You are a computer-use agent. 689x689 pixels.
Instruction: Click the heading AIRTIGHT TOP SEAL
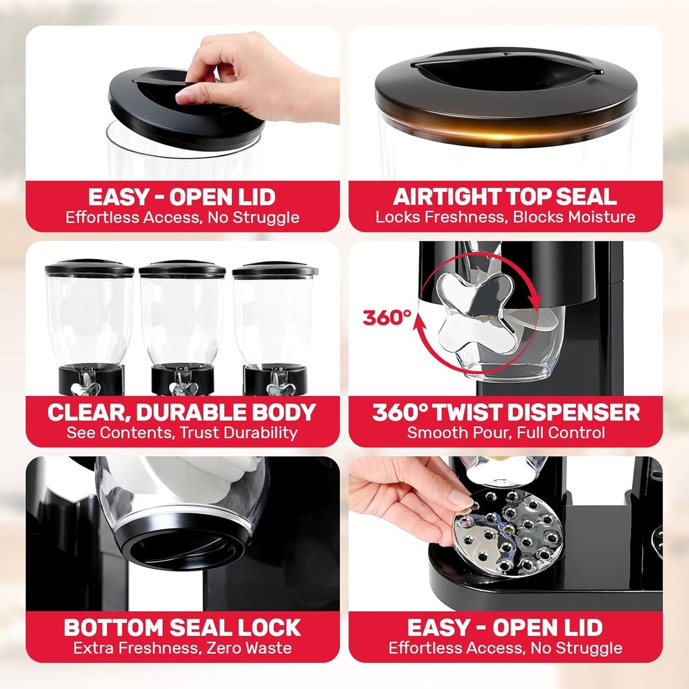[505, 196]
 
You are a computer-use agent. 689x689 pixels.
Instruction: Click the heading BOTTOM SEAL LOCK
[182, 627]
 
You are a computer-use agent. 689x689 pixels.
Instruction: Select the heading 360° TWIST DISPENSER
[505, 412]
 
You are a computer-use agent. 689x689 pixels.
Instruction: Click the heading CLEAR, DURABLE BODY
[182, 412]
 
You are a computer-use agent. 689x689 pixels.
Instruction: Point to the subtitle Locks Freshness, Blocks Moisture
[505, 217]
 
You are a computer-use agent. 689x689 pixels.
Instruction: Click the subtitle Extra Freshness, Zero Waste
[182, 648]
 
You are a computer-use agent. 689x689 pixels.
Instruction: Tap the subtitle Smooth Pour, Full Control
[505, 433]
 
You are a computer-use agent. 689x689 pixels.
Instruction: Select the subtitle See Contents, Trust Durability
[182, 433]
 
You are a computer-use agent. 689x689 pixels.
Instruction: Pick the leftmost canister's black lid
[89, 269]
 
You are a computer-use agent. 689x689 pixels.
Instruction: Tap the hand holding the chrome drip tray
[404, 498]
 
